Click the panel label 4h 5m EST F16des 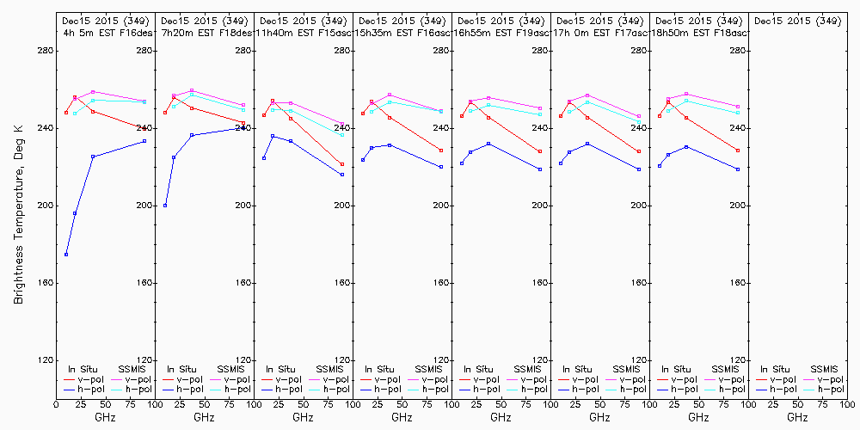pyautogui.click(x=105, y=33)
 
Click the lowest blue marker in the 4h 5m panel pyautogui.click(x=66, y=255)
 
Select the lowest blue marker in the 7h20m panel pyautogui.click(x=165, y=206)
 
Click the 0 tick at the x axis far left pyautogui.click(x=56, y=402)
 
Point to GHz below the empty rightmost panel pyautogui.click(x=797, y=417)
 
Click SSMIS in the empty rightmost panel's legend pyautogui.click(x=825, y=369)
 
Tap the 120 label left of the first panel pyautogui.click(x=45, y=360)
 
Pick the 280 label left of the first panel pyautogui.click(x=45, y=51)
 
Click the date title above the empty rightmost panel pyautogui.click(x=797, y=21)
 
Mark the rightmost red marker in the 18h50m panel pyautogui.click(x=738, y=150)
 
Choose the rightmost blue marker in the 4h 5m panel pyautogui.click(x=144, y=141)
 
